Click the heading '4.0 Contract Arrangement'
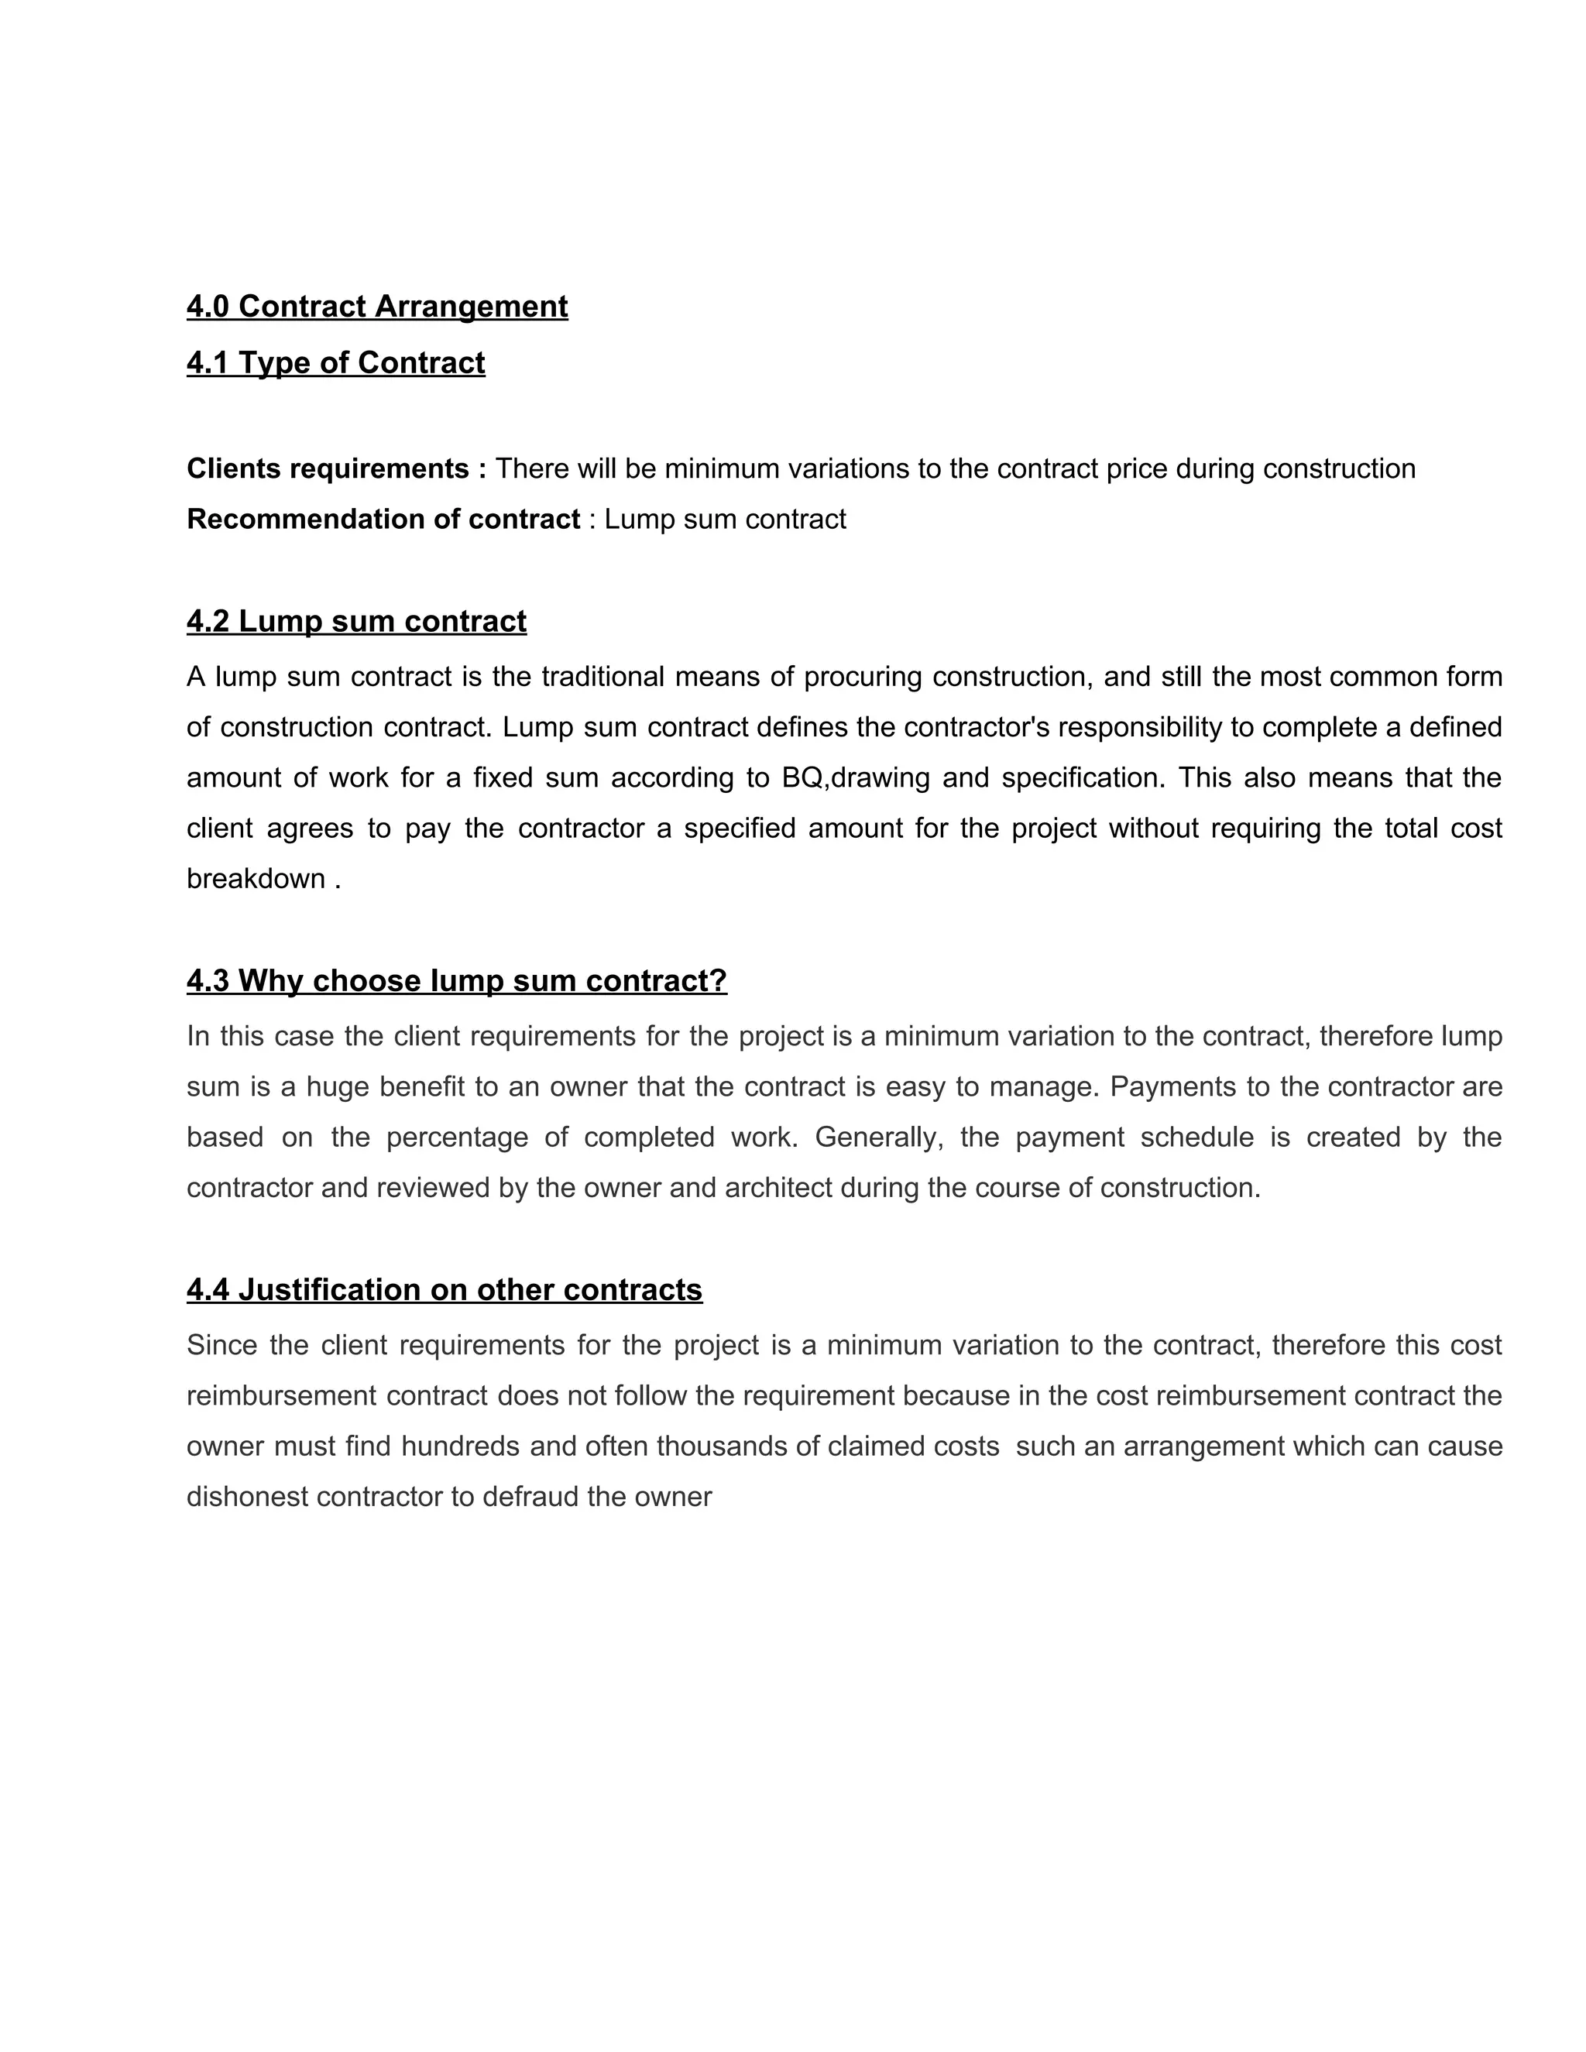[377, 307]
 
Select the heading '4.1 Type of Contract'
[335, 362]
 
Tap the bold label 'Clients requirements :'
[336, 468]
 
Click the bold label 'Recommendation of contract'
[383, 519]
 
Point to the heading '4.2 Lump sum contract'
[356, 621]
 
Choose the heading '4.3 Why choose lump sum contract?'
[457, 981]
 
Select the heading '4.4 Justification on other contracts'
[445, 1290]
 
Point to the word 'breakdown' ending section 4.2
[256, 879]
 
